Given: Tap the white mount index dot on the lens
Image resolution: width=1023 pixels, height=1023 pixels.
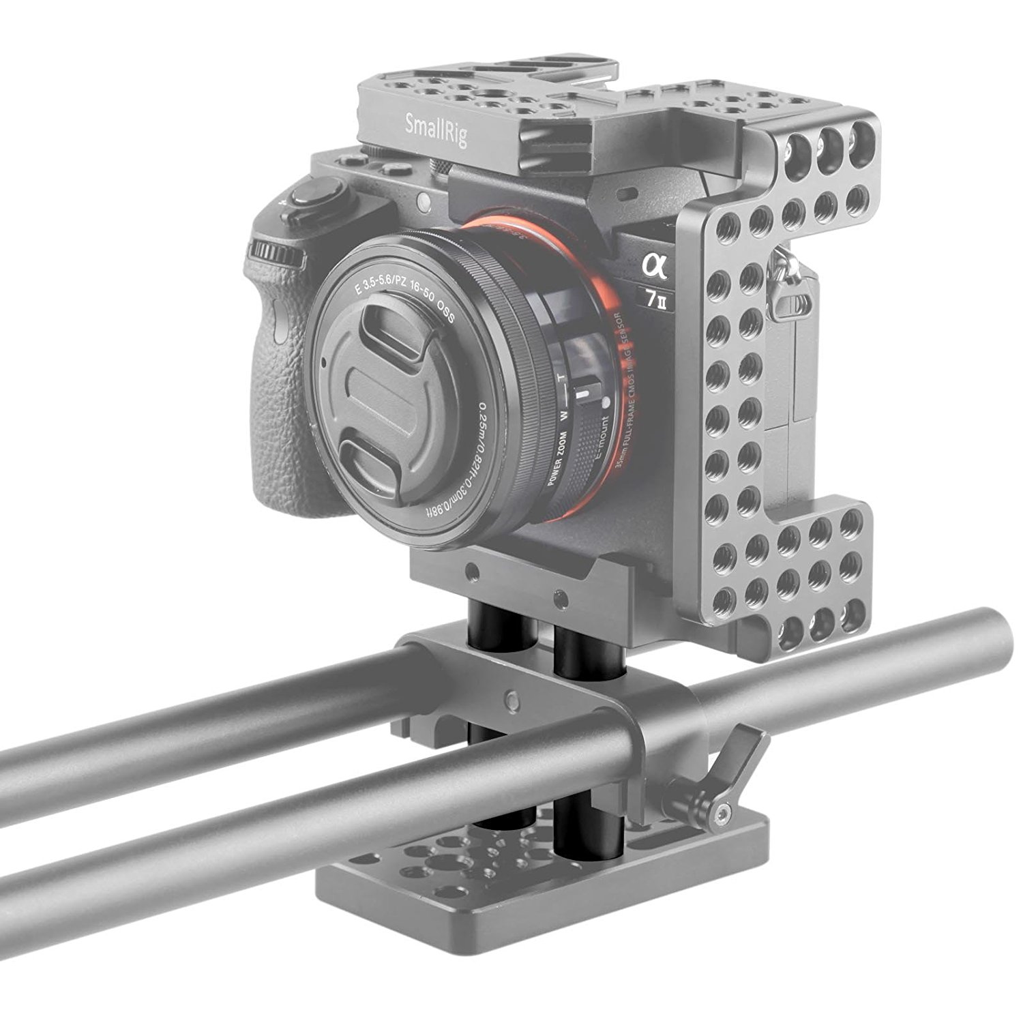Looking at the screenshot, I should pos(605,403).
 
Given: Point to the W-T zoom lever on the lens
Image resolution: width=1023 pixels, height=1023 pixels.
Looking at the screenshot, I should pos(582,396).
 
